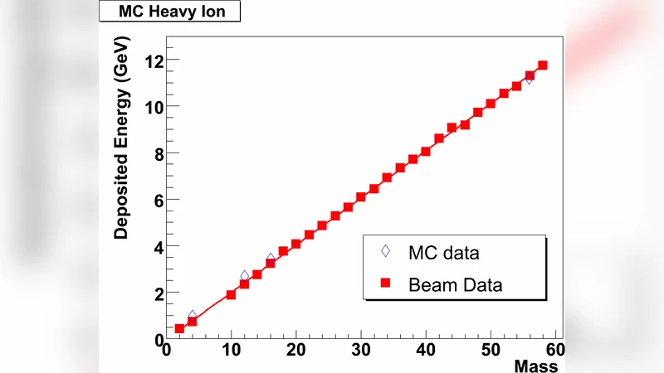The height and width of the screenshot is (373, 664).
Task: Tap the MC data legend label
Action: pyautogui.click(x=444, y=252)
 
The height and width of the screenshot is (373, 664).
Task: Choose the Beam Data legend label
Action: pyautogui.click(x=456, y=284)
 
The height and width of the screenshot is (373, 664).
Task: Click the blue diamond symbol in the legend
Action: pyautogui.click(x=385, y=251)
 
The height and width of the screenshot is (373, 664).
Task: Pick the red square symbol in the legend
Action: pyautogui.click(x=385, y=283)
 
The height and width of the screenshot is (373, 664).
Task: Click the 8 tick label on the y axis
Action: pyautogui.click(x=154, y=153)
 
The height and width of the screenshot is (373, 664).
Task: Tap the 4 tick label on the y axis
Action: pyautogui.click(x=154, y=246)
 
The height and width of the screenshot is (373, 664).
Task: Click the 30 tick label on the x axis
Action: pyautogui.click(x=361, y=350)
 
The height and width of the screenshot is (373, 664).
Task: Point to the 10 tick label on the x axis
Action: pyautogui.click(x=231, y=350)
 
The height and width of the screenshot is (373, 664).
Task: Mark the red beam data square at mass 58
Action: pyautogui.click(x=542, y=65)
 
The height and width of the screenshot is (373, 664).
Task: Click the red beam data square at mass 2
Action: pyautogui.click(x=179, y=328)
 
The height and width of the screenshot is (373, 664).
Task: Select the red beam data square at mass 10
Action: pyautogui.click(x=231, y=294)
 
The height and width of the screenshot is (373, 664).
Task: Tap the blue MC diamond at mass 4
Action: pyautogui.click(x=193, y=316)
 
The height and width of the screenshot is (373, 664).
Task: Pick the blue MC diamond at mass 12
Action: pyautogui.click(x=245, y=276)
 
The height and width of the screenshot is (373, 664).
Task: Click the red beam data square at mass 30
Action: pyautogui.click(x=361, y=197)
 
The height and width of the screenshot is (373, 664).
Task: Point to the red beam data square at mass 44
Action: pyautogui.click(x=452, y=128)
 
